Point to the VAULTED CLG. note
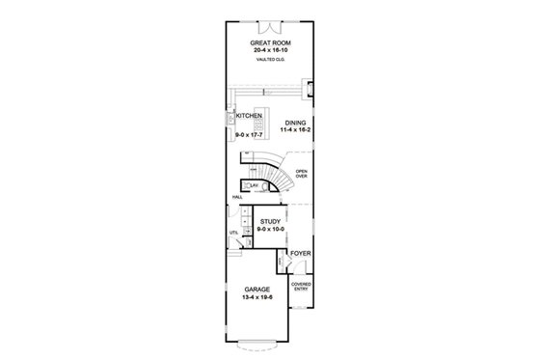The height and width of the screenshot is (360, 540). tap(270, 62)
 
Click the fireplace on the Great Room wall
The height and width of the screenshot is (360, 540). tap(309, 90)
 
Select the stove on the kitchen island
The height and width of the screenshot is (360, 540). tap(258, 123)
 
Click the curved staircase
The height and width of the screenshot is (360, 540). tap(280, 174)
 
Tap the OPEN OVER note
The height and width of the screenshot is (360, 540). tap(302, 176)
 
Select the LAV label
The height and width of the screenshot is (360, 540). tap(254, 183)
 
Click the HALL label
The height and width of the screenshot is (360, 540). tap(237, 198)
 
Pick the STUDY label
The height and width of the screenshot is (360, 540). tap(271, 221)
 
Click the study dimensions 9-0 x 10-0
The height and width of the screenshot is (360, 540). tap(271, 229)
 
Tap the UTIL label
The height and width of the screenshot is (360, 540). tap(233, 233)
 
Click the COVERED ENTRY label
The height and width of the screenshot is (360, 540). tap(301, 287)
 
